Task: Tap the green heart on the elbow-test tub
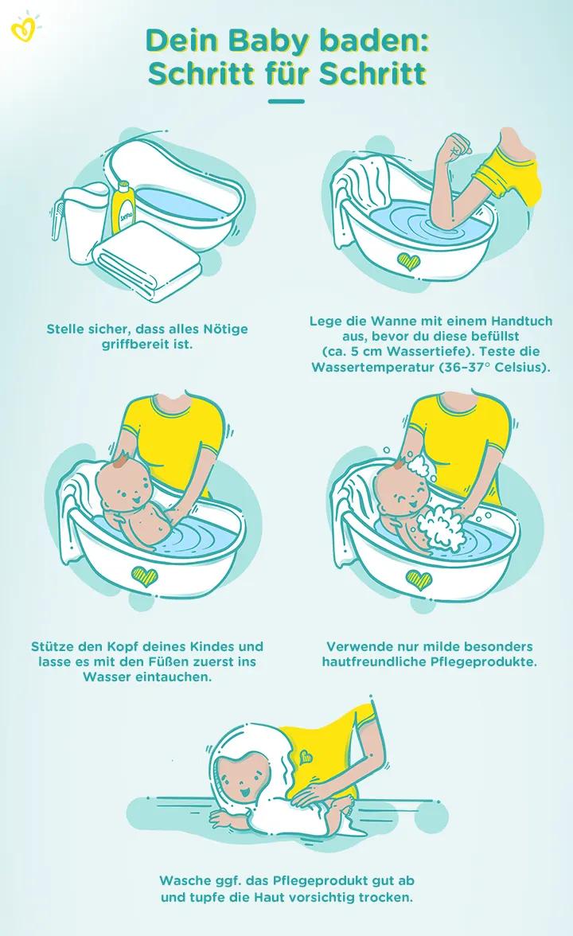pyautogui.click(x=408, y=262)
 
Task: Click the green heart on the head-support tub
pyautogui.click(x=143, y=575)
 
